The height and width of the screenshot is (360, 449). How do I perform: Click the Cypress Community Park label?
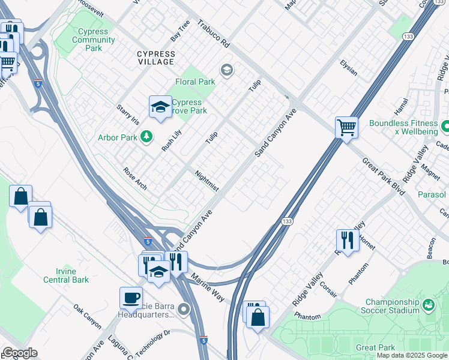pos(94,40)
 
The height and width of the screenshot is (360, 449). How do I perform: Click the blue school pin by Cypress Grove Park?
pos(160,108)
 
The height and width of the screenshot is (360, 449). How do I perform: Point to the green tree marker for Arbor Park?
pos(146,137)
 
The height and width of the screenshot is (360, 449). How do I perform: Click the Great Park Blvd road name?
pos(383,175)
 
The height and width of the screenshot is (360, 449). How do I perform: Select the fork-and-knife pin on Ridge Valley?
pos(348,241)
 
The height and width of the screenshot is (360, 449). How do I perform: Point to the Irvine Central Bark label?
pos(66,275)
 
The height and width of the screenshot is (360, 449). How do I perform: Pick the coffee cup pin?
pos(131,298)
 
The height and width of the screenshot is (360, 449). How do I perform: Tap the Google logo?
pos(20,353)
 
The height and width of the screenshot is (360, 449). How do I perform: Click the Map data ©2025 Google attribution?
pos(411,355)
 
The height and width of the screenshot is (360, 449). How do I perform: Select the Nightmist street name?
pos(207,181)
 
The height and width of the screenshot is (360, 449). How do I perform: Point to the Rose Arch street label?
pos(134,178)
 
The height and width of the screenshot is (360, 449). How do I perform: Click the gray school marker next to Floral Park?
pos(226,71)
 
